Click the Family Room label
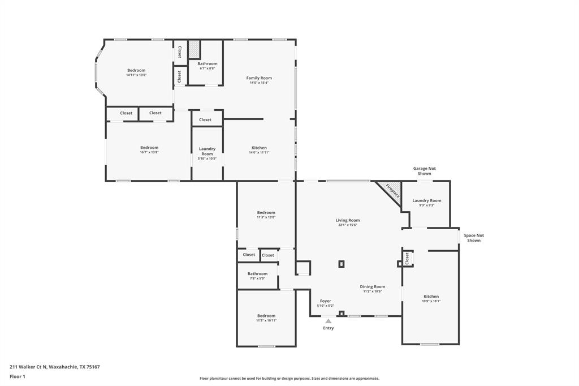tap(259, 78)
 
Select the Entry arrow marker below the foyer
tap(328, 321)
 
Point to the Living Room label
tap(347, 220)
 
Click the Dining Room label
tap(372, 286)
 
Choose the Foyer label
tap(325, 301)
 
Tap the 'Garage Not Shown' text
tap(424, 171)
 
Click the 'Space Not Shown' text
tap(474, 238)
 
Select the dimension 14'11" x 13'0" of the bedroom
tap(136, 75)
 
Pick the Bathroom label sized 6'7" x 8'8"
tap(207, 64)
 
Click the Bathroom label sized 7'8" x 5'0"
tap(257, 274)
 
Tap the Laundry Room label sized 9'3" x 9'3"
tap(426, 200)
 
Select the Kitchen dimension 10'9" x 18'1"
tap(431, 301)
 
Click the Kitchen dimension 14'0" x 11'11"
tap(259, 152)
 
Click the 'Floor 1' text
tap(18, 376)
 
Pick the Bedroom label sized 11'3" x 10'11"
tap(266, 316)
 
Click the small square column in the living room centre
tap(342, 264)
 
